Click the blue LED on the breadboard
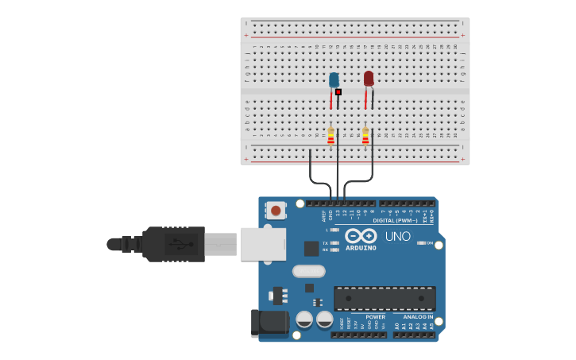tap(334, 80)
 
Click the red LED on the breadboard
tap(369, 79)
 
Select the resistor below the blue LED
tap(331, 137)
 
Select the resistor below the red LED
tap(365, 137)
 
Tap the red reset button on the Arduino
tap(276, 211)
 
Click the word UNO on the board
tap(398, 236)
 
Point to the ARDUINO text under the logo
tap(361, 248)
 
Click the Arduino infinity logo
tap(361, 236)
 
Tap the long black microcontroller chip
tap(385, 298)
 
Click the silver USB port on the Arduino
tap(262, 243)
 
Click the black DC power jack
tap(268, 323)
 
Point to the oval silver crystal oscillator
tap(308, 271)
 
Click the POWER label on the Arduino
tap(375, 317)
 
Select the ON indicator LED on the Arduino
tap(421, 243)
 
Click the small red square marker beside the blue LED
tap(338, 92)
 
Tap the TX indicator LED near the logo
tap(334, 243)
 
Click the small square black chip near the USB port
tap(311, 249)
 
